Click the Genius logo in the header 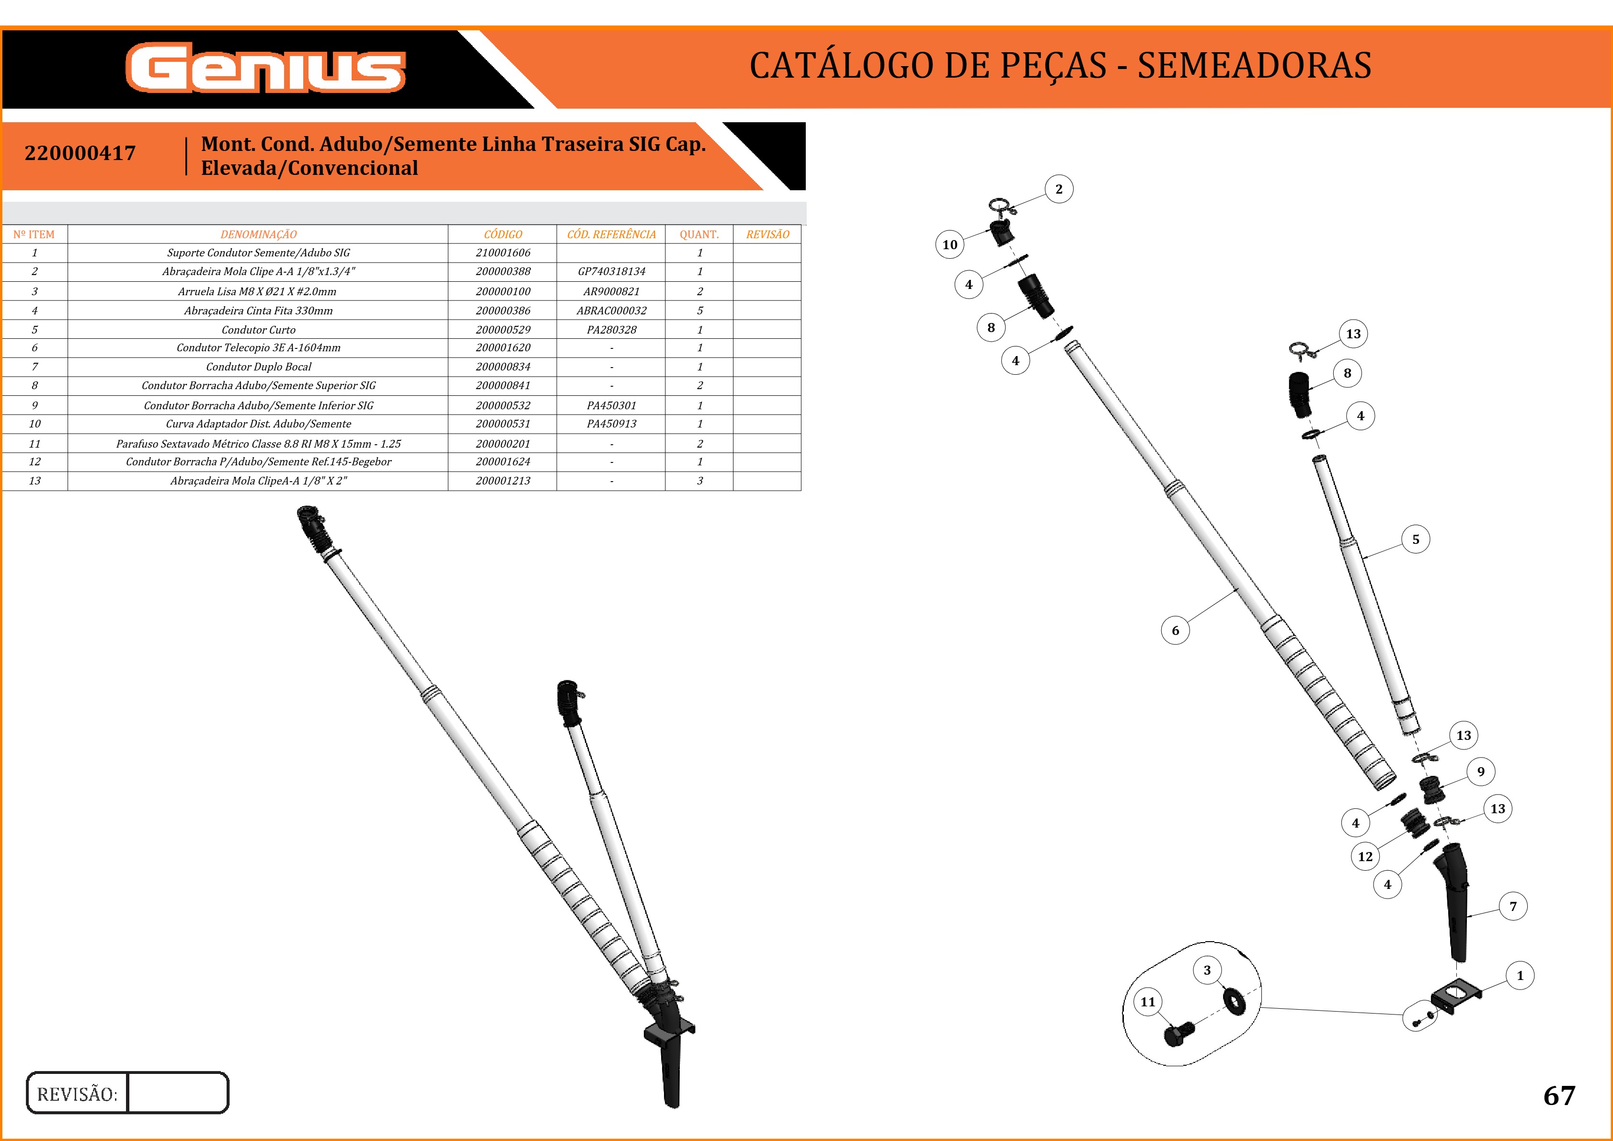(x=265, y=68)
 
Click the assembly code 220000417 (x=80, y=153)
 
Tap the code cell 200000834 (x=503, y=367)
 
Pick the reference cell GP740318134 (x=611, y=271)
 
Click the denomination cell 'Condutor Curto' (x=259, y=330)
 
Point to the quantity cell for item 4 (x=700, y=311)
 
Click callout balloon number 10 (x=950, y=244)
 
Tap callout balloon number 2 (x=1059, y=189)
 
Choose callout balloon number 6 (x=1175, y=630)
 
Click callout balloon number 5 (x=1416, y=539)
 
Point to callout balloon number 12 (x=1365, y=856)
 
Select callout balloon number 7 (x=1513, y=906)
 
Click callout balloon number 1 (x=1520, y=975)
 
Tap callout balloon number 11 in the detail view (x=1148, y=1002)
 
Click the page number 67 (x=1559, y=1096)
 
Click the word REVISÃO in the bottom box (x=77, y=1094)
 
